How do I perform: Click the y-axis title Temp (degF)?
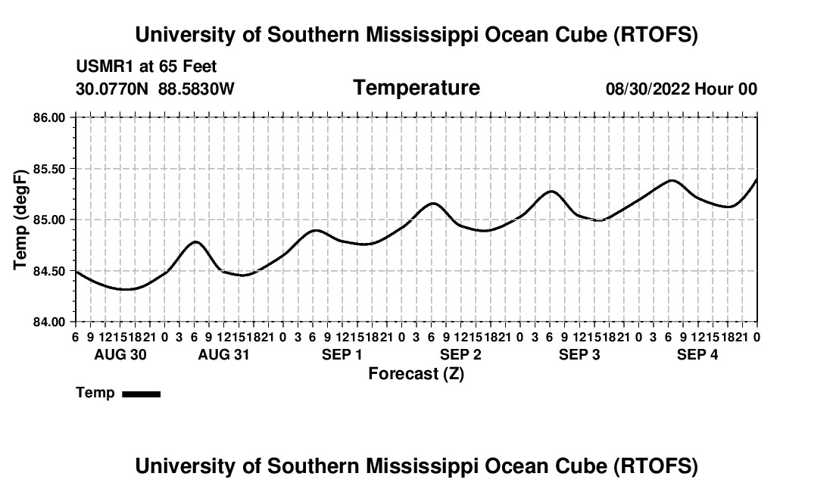[21, 220]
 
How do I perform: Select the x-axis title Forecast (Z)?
[416, 373]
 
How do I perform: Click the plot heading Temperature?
[416, 88]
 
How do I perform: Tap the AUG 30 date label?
[120, 354]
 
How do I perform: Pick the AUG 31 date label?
[223, 354]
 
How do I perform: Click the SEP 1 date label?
[342, 354]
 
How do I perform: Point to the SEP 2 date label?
[460, 354]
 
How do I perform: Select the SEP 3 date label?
[579, 354]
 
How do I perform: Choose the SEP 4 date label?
[697, 354]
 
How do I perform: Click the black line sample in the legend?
[141, 394]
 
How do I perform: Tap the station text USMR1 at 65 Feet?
[146, 67]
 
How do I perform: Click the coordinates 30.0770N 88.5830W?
[155, 89]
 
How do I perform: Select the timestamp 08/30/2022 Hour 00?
[682, 89]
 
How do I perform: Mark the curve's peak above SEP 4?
[670, 180]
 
